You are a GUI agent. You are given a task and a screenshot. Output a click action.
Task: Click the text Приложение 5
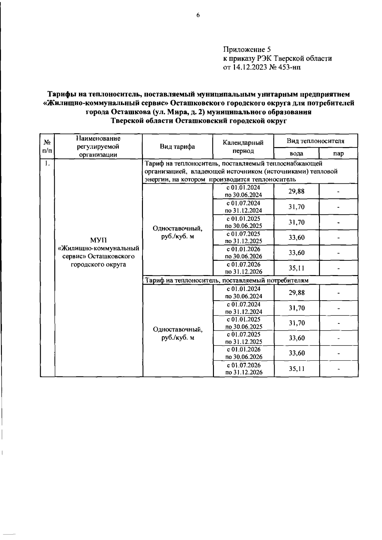tap(247, 49)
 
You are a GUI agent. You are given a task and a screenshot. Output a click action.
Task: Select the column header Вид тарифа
tap(177, 146)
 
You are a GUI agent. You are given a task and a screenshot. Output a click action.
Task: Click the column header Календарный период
tap(243, 146)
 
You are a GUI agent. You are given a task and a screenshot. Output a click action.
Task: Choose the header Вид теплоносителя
tap(315, 141)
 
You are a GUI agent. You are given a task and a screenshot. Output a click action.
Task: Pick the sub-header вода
tap(296, 154)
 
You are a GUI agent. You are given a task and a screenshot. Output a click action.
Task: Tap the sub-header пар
tap(338, 154)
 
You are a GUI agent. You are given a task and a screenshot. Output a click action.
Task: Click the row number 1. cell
tap(47, 164)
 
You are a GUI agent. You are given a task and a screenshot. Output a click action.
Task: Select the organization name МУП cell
tap(99, 252)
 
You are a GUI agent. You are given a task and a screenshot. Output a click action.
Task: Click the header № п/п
tap(47, 146)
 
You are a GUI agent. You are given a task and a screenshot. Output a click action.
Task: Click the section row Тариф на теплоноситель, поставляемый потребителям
tap(227, 280)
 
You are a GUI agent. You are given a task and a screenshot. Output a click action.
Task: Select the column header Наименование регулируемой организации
tap(98, 146)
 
